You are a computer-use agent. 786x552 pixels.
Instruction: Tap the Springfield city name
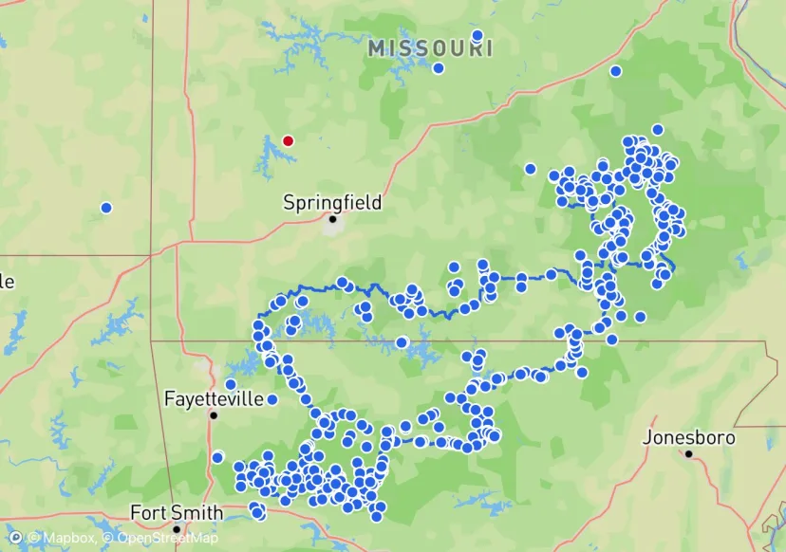[332, 202]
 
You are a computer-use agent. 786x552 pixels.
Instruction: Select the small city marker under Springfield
[332, 219]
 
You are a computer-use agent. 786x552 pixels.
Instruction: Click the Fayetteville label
[214, 398]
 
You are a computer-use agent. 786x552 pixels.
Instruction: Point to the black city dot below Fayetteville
[215, 415]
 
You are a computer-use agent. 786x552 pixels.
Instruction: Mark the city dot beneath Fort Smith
[177, 529]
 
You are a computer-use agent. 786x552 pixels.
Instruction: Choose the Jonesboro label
[690, 437]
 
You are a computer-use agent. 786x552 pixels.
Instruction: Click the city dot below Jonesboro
[687, 453]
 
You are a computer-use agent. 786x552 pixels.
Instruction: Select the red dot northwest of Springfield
[289, 140]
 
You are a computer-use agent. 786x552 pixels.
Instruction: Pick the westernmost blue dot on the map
[106, 208]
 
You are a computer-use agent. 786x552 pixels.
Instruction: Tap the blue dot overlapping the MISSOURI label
[477, 36]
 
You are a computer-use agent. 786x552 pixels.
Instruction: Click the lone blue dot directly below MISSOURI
[438, 68]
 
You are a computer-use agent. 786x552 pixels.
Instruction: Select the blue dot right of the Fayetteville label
[272, 399]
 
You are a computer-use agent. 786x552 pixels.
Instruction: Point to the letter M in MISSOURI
[377, 48]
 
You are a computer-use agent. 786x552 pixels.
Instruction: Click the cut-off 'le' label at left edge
[8, 282]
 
